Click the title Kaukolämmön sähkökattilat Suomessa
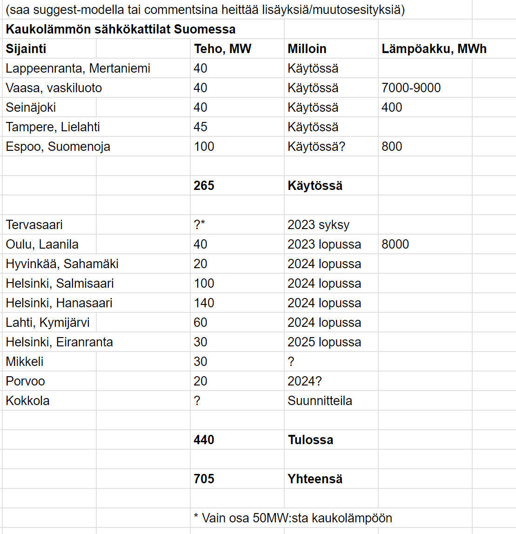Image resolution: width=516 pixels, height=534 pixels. click(121, 29)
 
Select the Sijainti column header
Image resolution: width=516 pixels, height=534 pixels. click(26, 49)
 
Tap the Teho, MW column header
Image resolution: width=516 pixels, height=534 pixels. click(222, 49)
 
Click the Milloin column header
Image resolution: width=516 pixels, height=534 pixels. click(307, 49)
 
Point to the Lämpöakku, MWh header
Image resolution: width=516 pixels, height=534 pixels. click(434, 49)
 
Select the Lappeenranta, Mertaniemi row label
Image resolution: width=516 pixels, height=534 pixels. click(78, 68)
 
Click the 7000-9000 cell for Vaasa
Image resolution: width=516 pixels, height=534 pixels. click(411, 88)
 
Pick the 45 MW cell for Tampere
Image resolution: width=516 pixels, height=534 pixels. click(201, 127)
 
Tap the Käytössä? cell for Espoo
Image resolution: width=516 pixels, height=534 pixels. click(316, 147)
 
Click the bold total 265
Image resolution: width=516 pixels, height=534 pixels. click(204, 186)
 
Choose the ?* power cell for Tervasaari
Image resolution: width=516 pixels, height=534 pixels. click(199, 225)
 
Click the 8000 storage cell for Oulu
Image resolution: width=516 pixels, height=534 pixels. click(395, 244)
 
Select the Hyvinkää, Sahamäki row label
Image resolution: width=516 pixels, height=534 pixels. click(62, 264)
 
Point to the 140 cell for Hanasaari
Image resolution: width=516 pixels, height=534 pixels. click(204, 303)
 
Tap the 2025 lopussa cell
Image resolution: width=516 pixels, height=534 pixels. click(324, 342)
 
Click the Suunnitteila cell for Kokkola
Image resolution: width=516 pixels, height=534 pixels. click(320, 401)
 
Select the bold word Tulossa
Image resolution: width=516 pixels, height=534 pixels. click(310, 440)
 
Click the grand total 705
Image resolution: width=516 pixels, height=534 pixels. click(204, 479)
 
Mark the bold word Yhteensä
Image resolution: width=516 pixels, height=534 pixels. click(315, 479)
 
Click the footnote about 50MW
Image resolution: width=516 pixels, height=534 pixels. click(293, 518)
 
